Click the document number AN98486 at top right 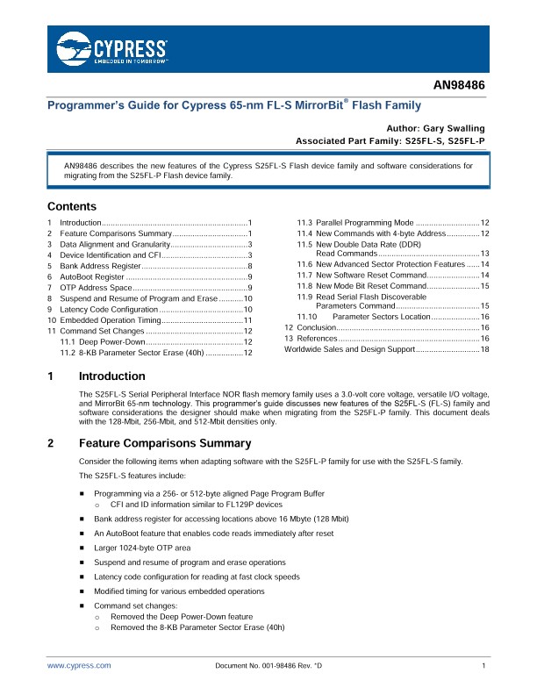459,87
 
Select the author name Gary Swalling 454,127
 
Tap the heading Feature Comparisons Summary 165,444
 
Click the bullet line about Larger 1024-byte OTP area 141,548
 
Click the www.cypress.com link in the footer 79,667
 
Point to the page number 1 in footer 483,667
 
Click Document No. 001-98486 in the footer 268,667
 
